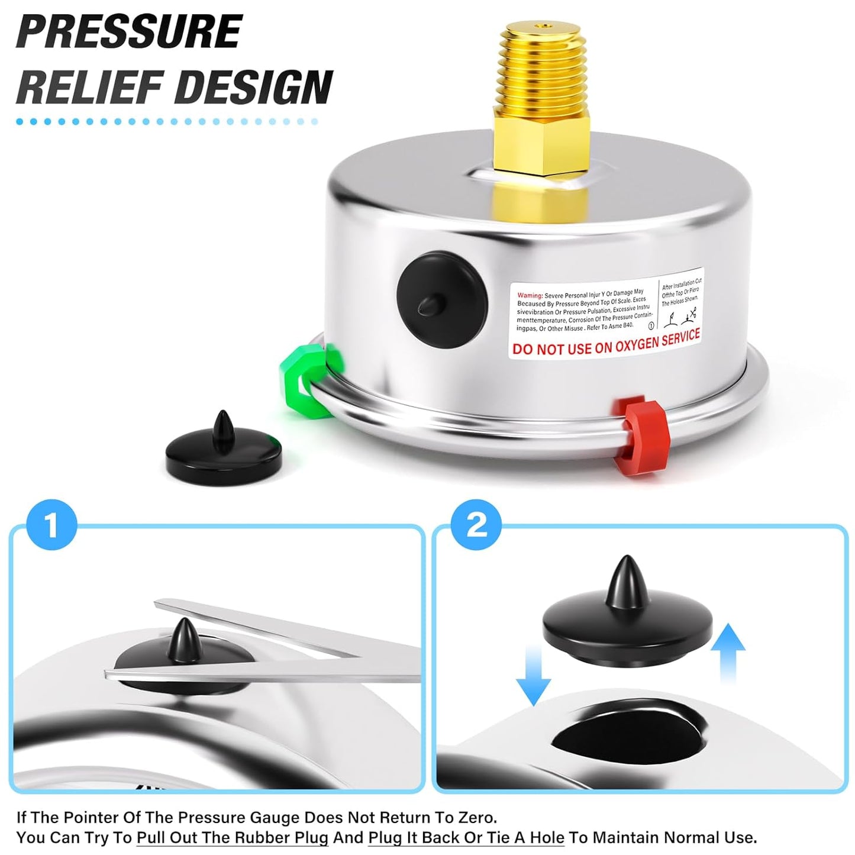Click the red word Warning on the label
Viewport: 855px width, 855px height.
530,295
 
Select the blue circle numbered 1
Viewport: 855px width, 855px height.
52,525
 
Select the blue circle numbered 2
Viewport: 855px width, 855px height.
476,525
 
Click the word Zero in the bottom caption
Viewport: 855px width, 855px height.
476,817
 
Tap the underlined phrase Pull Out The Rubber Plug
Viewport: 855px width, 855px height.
232,838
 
